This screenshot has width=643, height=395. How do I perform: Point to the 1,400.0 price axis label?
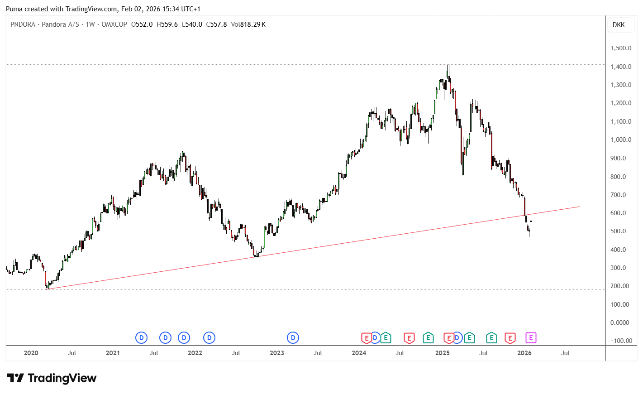(621, 67)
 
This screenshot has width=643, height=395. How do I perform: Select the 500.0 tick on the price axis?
(618, 231)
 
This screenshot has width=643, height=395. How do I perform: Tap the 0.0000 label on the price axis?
(619, 323)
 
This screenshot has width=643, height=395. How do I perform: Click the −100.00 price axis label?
(621, 341)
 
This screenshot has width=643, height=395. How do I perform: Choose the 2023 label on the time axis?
(277, 353)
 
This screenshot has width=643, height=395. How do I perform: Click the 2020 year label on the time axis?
(31, 353)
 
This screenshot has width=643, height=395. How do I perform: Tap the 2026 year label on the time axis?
(524, 353)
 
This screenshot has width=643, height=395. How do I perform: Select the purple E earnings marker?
(531, 338)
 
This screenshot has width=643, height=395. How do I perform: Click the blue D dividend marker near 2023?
(293, 338)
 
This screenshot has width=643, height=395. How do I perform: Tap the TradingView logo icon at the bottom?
(15, 378)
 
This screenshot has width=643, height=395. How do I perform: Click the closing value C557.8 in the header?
(216, 24)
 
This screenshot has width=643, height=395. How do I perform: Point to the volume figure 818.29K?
(252, 24)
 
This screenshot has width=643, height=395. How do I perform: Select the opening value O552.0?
(142, 24)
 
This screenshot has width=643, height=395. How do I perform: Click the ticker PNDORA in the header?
(23, 24)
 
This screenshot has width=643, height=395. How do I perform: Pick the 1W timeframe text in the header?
(90, 24)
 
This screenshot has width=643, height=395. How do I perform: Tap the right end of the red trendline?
(580, 207)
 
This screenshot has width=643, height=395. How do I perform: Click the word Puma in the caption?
(14, 9)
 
